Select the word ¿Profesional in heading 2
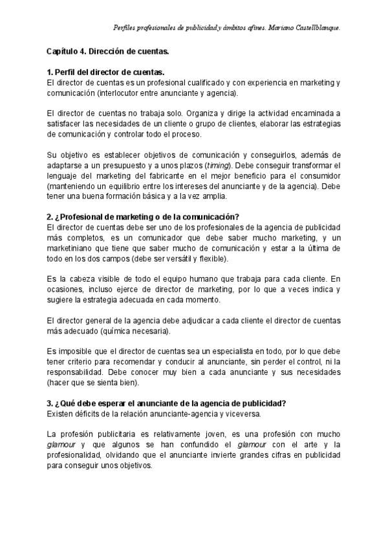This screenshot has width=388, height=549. click(x=83, y=217)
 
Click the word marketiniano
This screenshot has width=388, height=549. click(x=75, y=248)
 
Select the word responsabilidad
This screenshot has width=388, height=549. click(x=78, y=373)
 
